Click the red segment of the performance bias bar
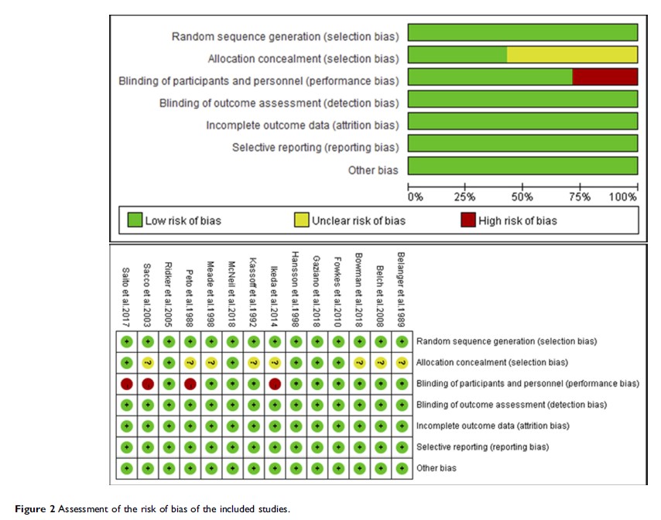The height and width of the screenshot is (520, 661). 604,77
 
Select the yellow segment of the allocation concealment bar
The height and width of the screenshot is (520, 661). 572,54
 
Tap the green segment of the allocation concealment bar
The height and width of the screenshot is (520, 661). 457,54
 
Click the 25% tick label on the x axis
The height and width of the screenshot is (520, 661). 464,197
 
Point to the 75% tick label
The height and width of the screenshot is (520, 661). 580,197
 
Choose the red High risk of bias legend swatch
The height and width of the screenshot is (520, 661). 467,221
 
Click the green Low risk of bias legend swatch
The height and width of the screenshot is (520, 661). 135,221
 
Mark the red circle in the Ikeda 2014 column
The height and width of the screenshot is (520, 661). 274,383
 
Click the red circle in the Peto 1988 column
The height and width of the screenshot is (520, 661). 190,383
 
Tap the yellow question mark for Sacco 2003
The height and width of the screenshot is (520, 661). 147,362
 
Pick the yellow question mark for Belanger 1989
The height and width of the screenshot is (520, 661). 401,362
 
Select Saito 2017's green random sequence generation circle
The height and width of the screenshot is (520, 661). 126,341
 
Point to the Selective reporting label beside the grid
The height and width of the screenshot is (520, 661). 482,446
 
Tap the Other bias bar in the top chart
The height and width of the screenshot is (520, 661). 522,166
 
